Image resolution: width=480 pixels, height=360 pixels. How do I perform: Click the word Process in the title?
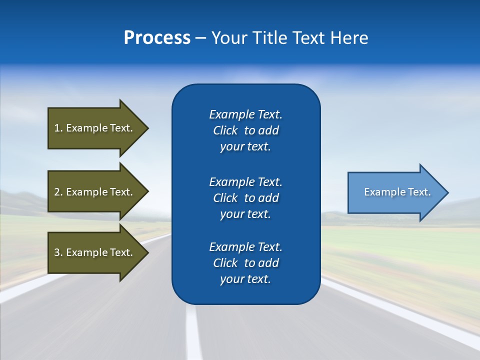coord(157,38)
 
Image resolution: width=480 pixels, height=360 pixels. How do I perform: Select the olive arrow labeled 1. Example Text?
coord(93,128)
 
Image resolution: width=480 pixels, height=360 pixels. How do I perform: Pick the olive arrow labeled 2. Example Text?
coord(93,192)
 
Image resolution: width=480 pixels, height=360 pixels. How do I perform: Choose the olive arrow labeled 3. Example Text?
coord(93,252)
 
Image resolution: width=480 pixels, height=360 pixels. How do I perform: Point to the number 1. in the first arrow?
coord(58,128)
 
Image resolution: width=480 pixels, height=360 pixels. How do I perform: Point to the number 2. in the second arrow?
coord(58,192)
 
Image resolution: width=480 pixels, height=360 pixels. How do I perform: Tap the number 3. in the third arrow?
coord(58,252)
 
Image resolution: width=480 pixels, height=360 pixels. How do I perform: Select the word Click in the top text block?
coord(225,130)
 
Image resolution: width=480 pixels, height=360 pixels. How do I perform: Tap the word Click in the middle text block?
coord(225,198)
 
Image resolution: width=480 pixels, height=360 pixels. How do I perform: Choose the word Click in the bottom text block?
coord(225,263)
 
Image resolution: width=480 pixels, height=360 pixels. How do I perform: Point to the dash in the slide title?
coord(200,38)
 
